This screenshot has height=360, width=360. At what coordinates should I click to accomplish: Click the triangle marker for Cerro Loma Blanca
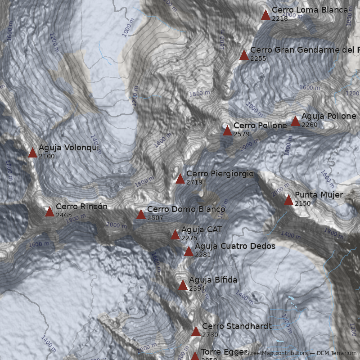[265, 15]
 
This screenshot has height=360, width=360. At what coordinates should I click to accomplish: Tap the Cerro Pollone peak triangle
[227, 131]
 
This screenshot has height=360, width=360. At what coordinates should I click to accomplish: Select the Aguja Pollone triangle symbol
[295, 121]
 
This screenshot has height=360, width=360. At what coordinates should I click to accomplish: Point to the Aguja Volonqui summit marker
[32, 153]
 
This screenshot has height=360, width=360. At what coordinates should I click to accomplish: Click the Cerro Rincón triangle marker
[49, 212]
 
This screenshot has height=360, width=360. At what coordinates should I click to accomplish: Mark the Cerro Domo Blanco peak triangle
[141, 214]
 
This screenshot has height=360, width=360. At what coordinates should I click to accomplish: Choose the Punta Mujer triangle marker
[288, 200]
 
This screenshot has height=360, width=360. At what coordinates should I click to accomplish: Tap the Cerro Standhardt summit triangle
[196, 332]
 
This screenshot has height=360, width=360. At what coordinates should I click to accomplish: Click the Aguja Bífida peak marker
[183, 285]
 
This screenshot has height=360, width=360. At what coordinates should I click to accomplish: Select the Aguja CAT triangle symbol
[175, 235]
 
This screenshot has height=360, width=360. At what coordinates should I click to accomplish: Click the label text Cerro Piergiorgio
[220, 174]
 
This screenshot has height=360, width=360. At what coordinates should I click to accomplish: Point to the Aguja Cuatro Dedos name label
[235, 246]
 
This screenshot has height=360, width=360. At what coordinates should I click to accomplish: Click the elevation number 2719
[194, 182]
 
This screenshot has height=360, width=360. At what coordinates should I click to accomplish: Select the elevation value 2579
[241, 134]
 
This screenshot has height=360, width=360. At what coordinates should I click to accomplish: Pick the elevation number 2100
[47, 156]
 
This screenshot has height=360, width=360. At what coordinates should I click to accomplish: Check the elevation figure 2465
[64, 215]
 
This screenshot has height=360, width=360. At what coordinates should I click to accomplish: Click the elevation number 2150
[303, 203]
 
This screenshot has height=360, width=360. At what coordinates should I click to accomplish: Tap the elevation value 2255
[258, 58]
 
